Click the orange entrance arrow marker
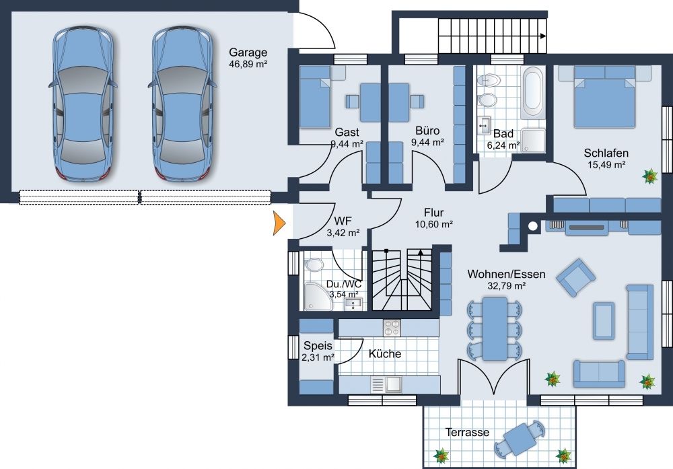click(x=279, y=223)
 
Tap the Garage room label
click(x=248, y=52)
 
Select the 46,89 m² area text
click(x=248, y=64)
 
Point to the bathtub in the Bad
click(x=534, y=92)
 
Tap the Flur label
click(x=433, y=213)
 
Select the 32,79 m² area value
click(x=507, y=285)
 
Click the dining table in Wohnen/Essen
click(x=495, y=328)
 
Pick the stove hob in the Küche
click(x=392, y=328)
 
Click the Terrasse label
click(x=467, y=432)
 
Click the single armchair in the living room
click(x=575, y=278)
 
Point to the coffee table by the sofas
click(x=604, y=320)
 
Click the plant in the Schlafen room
click(x=650, y=176)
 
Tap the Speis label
click(x=318, y=346)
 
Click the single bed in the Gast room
click(x=315, y=96)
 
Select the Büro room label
click(x=427, y=131)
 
